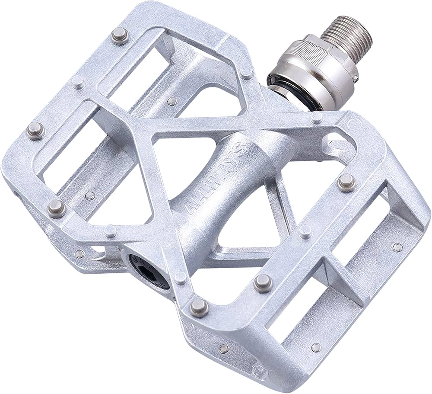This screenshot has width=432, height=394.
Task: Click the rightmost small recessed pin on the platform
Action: [x=397, y=247]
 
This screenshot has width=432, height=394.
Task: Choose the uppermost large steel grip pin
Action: [x=120, y=35]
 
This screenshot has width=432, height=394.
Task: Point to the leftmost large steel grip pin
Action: [x=35, y=129]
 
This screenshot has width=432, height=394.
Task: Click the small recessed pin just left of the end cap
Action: [x=79, y=254]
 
